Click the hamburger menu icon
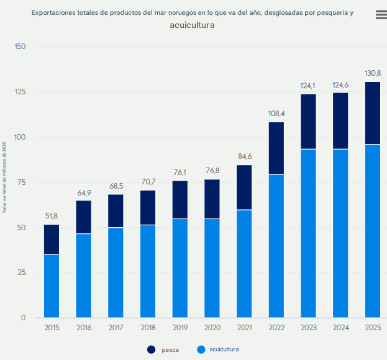[x=381, y=15]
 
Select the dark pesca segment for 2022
[x=276, y=148]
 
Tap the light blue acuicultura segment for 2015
[x=52, y=286]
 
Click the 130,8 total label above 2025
[x=373, y=73]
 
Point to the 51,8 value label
[x=52, y=216]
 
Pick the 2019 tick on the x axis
[x=180, y=328]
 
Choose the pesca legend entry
[x=163, y=350]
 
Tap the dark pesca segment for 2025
[x=373, y=113]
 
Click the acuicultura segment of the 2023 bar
[x=308, y=233]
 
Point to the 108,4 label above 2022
[x=276, y=114]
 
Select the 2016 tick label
[x=84, y=328]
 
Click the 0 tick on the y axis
[x=23, y=318]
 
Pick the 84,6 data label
[x=244, y=156]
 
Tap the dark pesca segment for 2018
[x=148, y=207]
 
